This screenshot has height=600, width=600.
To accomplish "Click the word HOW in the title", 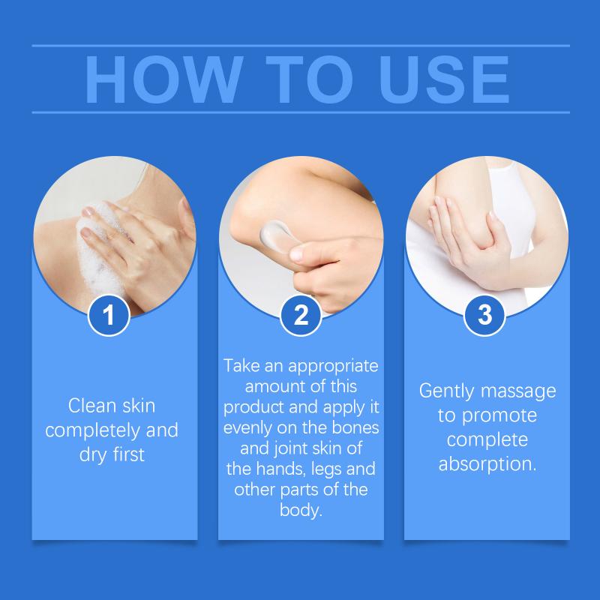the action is click(164, 79).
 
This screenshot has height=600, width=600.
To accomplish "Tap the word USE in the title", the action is click(444, 79).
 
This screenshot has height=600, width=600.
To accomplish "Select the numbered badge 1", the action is click(109, 315).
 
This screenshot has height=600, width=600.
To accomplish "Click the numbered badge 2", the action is click(301, 315).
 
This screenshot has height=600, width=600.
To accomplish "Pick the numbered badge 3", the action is click(484, 315).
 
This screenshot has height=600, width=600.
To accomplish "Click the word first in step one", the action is click(128, 454).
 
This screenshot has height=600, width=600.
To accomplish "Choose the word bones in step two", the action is click(355, 427).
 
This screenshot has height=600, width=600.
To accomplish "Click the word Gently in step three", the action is click(445, 391).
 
